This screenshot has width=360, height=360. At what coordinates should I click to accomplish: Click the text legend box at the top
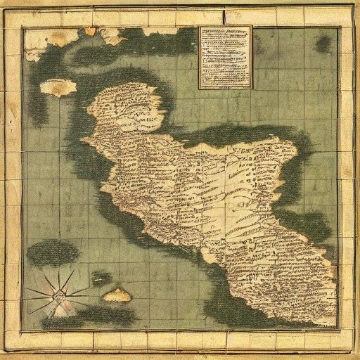pyautogui.click(x=225, y=58)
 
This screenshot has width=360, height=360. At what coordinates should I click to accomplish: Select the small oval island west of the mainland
pyautogui.click(x=58, y=87)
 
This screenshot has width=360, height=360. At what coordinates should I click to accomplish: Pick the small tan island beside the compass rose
pyautogui.click(x=117, y=295)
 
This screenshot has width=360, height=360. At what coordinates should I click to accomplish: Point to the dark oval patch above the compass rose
pyautogui.click(x=53, y=251)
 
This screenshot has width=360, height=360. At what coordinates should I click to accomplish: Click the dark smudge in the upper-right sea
pyautogui.click(x=323, y=44)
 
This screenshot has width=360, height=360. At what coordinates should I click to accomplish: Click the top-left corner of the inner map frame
pyautogui.click(x=22, y=27)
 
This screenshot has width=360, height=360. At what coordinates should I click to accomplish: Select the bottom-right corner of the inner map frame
pyautogui.click(x=338, y=329)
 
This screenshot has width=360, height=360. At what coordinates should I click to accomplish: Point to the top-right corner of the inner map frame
pyautogui.click(x=338, y=27)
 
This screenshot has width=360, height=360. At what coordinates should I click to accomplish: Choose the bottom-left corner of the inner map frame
pyautogui.click(x=22, y=329)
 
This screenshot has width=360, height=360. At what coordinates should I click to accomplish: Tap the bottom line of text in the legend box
pyautogui.click(x=225, y=84)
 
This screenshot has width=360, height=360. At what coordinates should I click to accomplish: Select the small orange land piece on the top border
pyautogui.click(x=90, y=31)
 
